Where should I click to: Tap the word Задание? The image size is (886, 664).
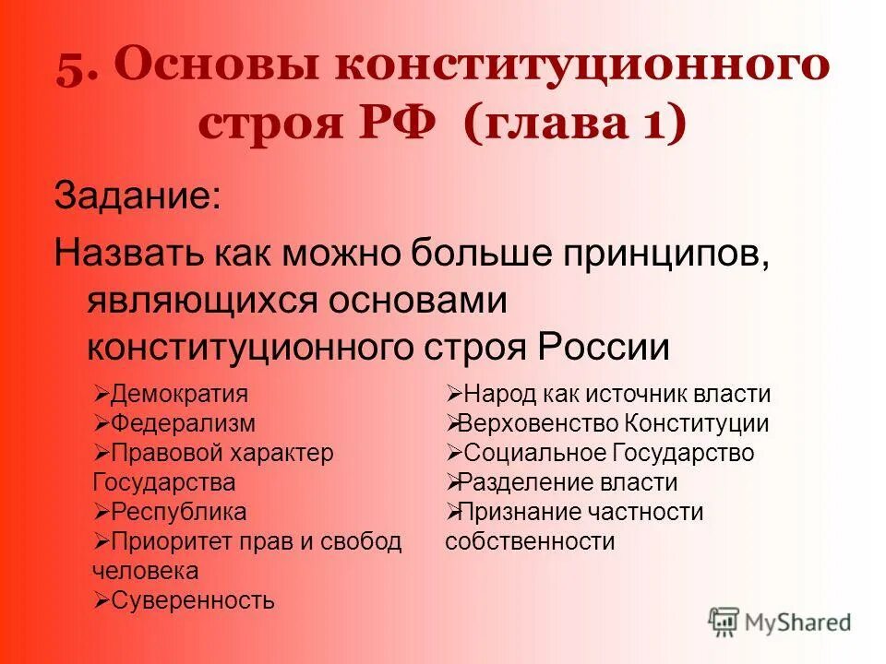coord(138,197)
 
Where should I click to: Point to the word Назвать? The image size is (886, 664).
coord(129,252)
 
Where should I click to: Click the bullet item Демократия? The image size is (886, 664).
coord(179,395)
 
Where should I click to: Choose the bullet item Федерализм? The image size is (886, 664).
coord(183,424)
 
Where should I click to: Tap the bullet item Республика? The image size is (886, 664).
coord(178,512)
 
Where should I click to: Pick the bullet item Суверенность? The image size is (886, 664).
coord(192,600)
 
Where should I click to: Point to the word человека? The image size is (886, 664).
coord(145,571)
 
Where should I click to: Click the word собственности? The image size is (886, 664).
coord(530,541)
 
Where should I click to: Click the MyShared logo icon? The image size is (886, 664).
coord(724,622)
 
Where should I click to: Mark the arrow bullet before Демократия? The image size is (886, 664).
coord(102,395)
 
